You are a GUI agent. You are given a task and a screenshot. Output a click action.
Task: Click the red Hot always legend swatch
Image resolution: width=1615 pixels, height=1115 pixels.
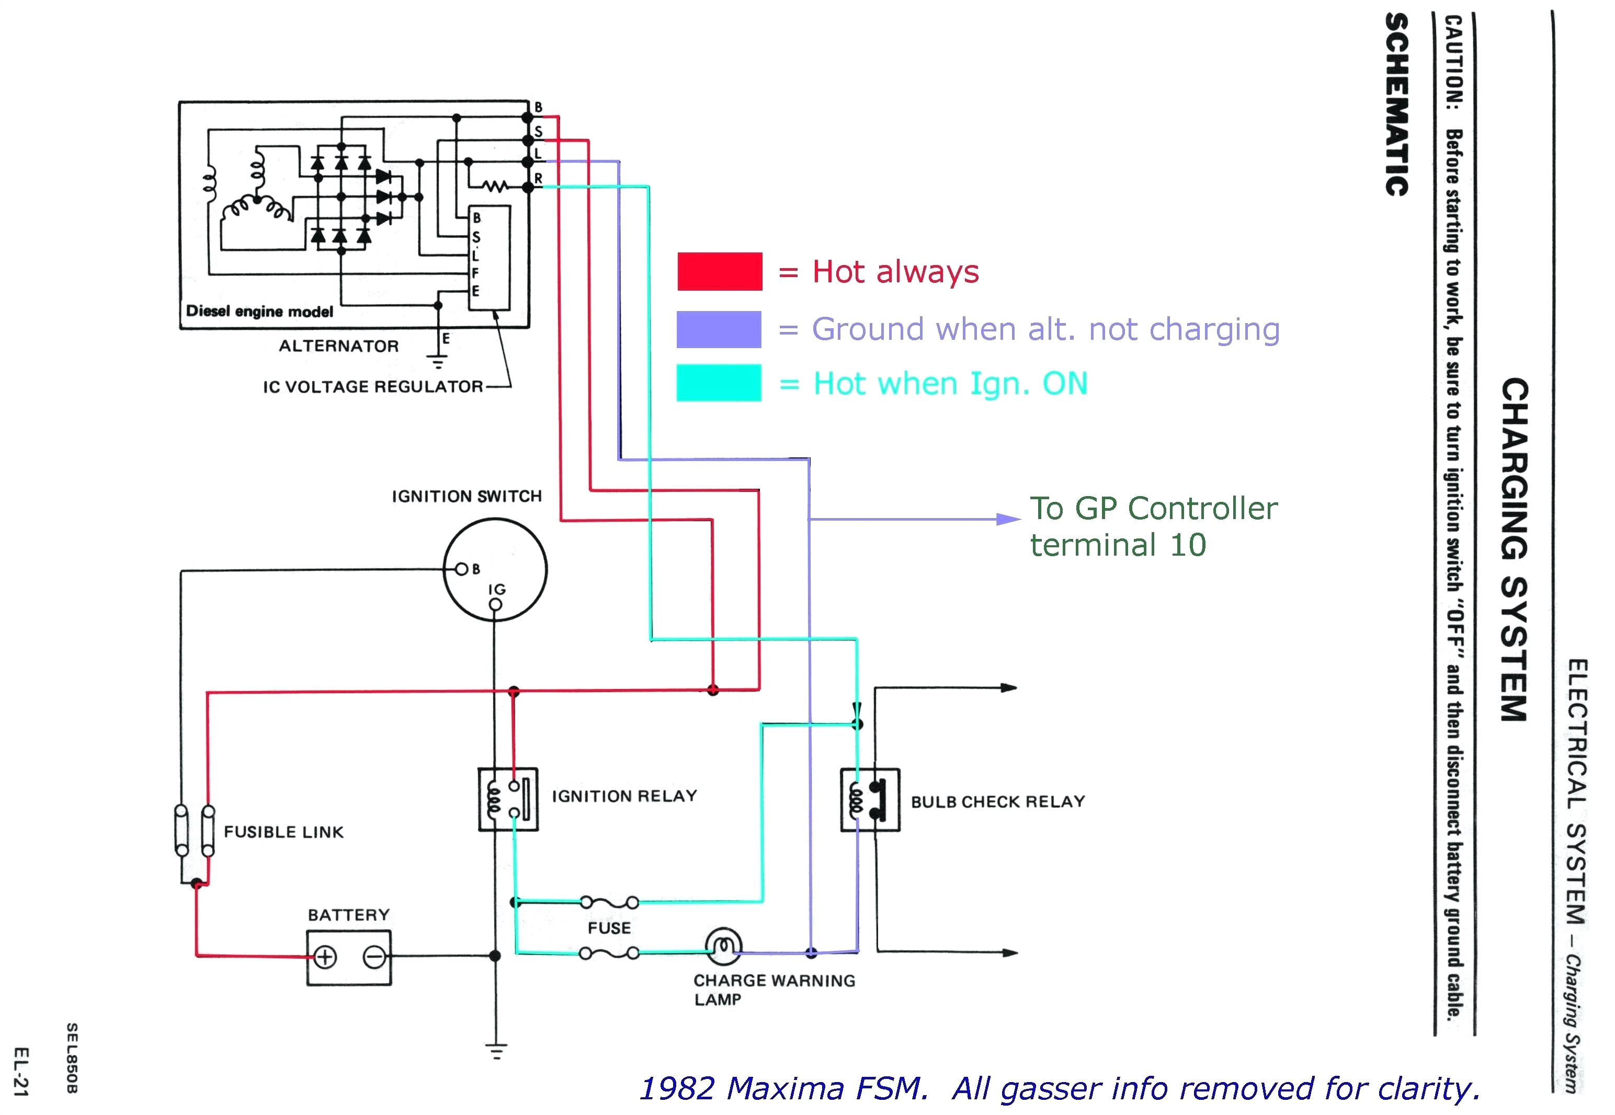coord(719,272)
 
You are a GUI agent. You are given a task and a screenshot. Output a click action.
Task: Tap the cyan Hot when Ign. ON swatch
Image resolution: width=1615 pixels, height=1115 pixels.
coord(719,383)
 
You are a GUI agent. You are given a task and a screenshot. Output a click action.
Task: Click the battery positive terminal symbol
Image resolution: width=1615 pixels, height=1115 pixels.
coord(325,957)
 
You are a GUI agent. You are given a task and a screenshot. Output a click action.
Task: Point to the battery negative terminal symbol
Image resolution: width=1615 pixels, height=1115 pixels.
coord(374,957)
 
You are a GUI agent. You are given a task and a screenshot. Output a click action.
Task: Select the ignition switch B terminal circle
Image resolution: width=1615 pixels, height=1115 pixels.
coord(461,569)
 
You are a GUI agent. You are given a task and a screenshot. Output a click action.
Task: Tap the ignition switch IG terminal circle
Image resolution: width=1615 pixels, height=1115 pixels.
coord(495,605)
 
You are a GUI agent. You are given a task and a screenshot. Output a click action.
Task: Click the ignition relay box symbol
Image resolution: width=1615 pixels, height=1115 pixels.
coord(508,799)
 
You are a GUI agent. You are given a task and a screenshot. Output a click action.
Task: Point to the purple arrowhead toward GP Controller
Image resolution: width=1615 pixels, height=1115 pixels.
coord(1008,519)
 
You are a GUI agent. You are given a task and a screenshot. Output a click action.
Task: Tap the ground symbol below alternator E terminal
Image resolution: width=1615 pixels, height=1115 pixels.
coord(438,362)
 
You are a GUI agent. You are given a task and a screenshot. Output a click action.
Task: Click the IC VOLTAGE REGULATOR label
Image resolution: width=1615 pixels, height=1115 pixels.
coord(372,387)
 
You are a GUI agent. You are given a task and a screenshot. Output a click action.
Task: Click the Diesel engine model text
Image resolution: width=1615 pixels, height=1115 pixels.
coord(259,312)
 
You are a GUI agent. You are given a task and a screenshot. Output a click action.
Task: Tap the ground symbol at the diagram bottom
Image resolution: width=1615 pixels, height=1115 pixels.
coord(496,1051)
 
